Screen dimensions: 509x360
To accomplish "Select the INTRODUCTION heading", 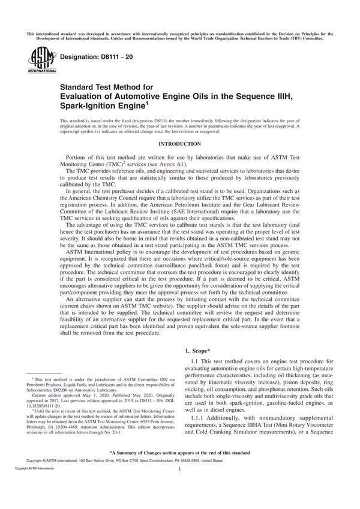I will (x=179, y=144).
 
